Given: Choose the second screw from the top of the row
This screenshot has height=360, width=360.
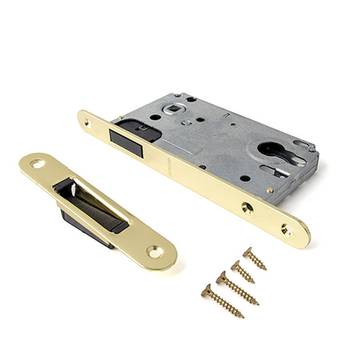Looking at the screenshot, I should coord(242,271).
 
